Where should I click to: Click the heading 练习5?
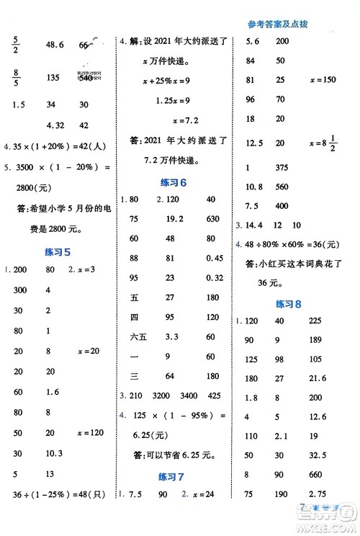(57, 251)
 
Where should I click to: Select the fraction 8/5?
(17, 78)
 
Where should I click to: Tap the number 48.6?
(55, 45)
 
